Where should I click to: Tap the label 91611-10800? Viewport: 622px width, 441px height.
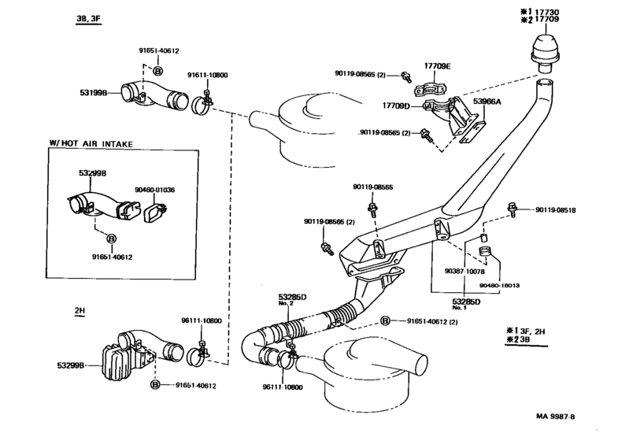pos(207,75)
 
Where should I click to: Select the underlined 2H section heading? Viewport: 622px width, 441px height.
pos(79,311)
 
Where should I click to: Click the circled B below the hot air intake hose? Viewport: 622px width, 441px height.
pos(111,238)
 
